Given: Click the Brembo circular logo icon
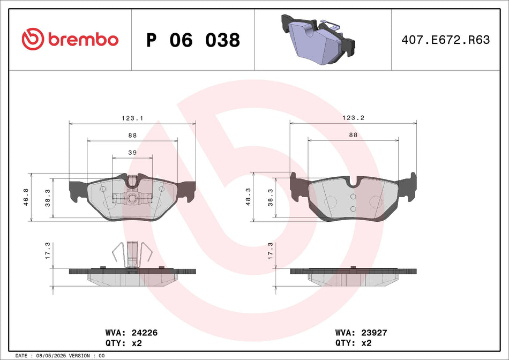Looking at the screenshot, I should [x=33, y=39].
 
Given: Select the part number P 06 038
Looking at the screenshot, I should [x=193, y=40].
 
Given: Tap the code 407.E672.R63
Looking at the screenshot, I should [x=446, y=40].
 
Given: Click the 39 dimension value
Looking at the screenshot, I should [x=132, y=152].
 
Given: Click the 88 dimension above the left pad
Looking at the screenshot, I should [x=132, y=136].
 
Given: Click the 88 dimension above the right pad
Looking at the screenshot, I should [x=353, y=135].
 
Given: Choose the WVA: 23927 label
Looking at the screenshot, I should [x=361, y=333].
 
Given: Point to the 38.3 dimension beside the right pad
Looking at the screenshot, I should [x=270, y=198].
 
